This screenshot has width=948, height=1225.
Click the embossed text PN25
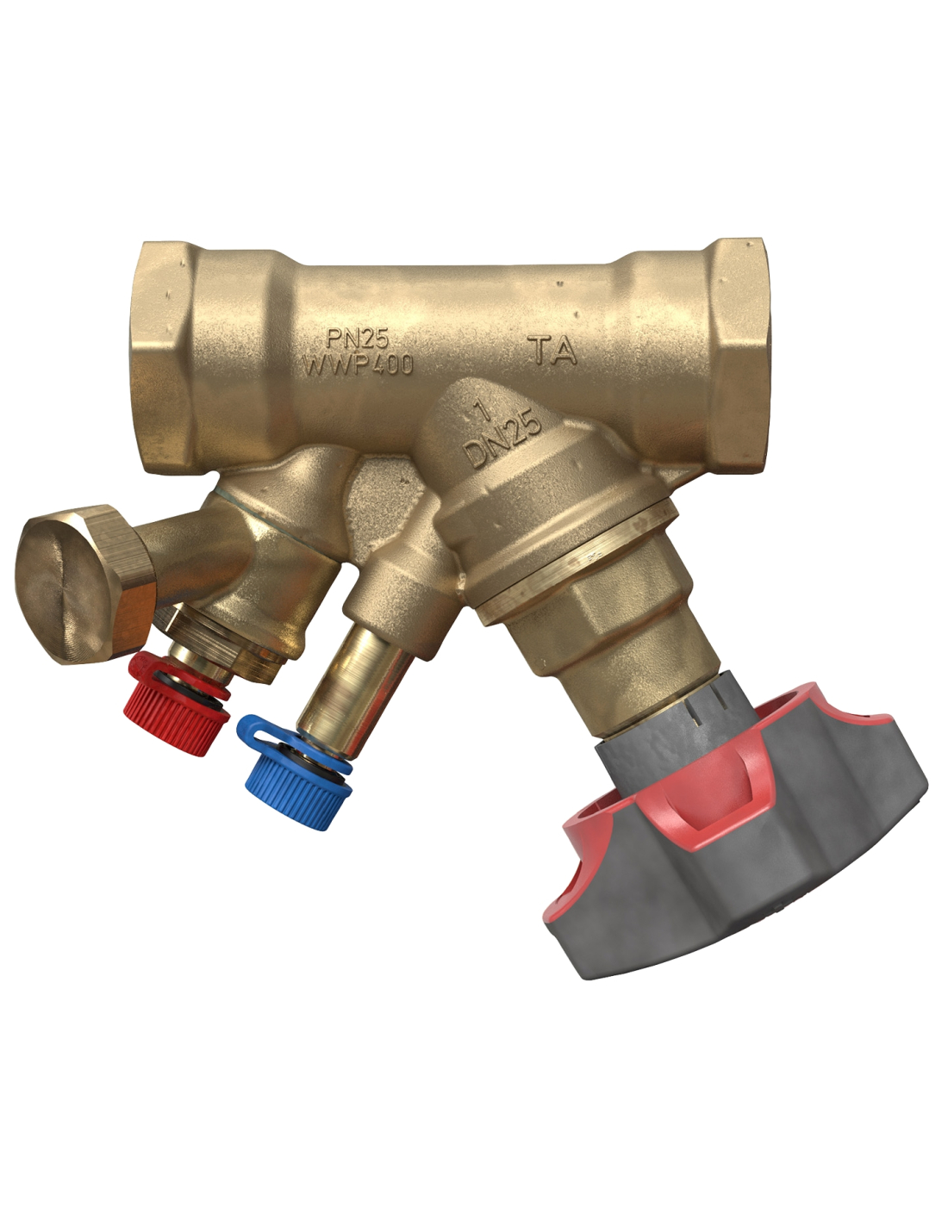tap(359, 339)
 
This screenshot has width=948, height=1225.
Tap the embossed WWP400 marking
tap(359, 364)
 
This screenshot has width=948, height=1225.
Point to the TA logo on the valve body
tap(552, 351)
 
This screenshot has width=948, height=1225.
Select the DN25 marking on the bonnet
tap(502, 439)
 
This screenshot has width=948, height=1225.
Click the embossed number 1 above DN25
tap(481, 414)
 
